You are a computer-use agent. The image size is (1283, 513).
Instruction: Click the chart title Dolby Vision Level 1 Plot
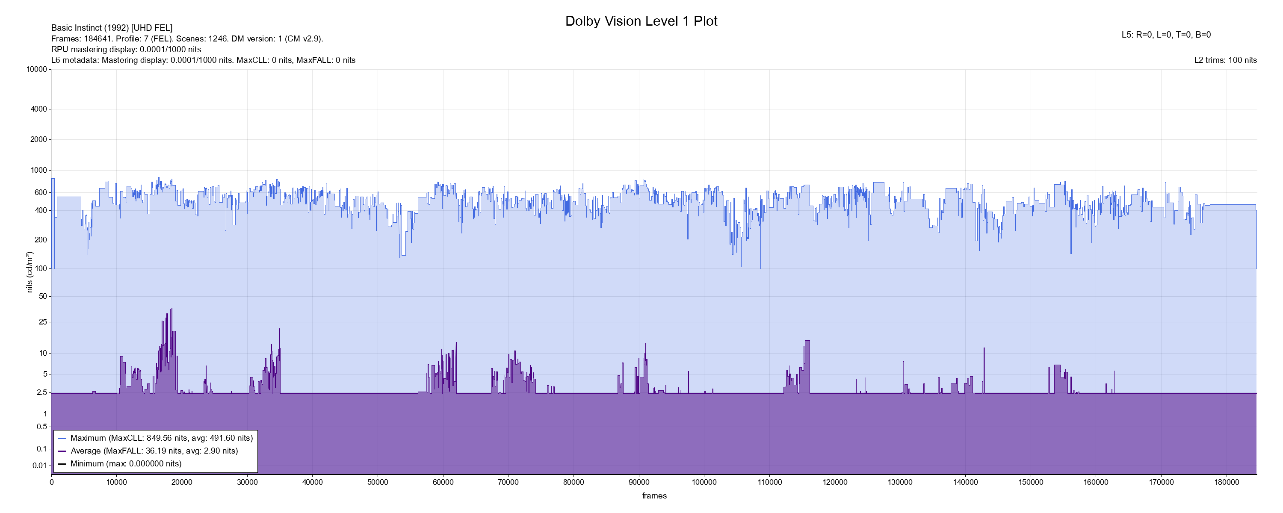(641, 21)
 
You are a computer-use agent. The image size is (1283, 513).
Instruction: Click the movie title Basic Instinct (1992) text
(112, 28)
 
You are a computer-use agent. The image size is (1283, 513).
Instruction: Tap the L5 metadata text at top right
(1166, 35)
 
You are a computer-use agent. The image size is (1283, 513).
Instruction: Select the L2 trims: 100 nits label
(1225, 60)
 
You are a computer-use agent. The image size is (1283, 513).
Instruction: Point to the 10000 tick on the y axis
(37, 70)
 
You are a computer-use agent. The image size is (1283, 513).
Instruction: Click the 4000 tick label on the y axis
(39, 109)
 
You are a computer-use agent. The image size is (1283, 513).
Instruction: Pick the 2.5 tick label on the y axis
(42, 393)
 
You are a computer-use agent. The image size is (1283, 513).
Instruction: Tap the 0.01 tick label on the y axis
(40, 466)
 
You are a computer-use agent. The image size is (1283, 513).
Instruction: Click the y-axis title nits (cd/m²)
(30, 272)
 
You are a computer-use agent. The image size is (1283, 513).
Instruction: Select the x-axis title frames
(654, 496)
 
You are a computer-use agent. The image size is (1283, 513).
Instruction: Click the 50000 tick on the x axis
(378, 483)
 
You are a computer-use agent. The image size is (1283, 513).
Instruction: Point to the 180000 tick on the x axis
(1227, 483)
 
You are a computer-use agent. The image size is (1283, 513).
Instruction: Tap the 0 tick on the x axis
(51, 483)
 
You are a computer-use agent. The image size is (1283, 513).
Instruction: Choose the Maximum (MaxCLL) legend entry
(161, 438)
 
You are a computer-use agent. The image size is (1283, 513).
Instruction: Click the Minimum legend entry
(125, 464)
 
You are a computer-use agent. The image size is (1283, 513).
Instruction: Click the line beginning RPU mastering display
(126, 49)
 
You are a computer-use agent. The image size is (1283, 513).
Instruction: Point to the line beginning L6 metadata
(203, 60)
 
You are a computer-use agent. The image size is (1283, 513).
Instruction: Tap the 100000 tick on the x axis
(704, 483)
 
